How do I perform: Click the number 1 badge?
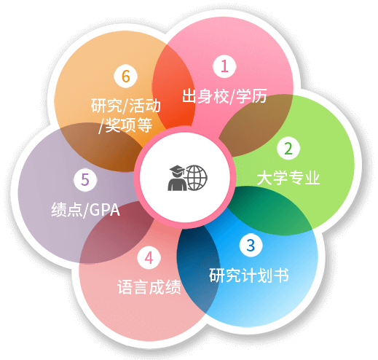[224, 66]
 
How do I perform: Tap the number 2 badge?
[288, 148]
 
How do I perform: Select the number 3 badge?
[251, 245]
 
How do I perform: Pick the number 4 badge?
[149, 257]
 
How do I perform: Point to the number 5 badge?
[85, 179]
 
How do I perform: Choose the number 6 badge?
[125, 76]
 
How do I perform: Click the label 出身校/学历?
[224, 96]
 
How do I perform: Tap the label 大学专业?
[288, 178]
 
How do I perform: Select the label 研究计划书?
[249, 275]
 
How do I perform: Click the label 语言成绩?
[149, 287]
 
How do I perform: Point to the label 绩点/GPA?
[85, 210]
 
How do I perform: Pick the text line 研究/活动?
[126, 106]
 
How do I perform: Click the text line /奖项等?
[125, 125]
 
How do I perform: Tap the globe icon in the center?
[197, 178]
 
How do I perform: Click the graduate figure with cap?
[177, 178]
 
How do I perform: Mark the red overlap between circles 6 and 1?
[173, 89]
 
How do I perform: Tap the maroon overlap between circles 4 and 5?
[117, 233]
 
